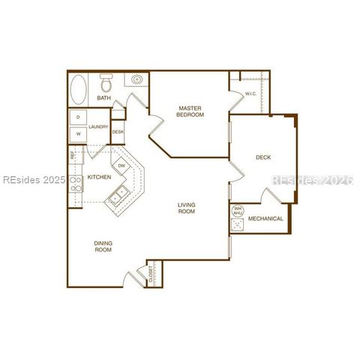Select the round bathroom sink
[x=137, y=79]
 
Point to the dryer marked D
[x=77, y=118]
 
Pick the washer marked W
[x=77, y=135]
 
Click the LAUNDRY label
[x=99, y=127]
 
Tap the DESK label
[x=118, y=133]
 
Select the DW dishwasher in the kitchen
[x=121, y=166]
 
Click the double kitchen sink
[x=118, y=198]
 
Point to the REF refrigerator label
[x=72, y=156]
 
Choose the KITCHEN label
[x=100, y=178]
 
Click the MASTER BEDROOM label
[x=190, y=111]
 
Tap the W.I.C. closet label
[x=250, y=94]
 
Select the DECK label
[x=263, y=157]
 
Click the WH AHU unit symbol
[x=238, y=211]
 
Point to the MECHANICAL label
[x=265, y=219]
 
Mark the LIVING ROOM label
[x=187, y=208]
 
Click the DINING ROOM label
[x=103, y=246]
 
